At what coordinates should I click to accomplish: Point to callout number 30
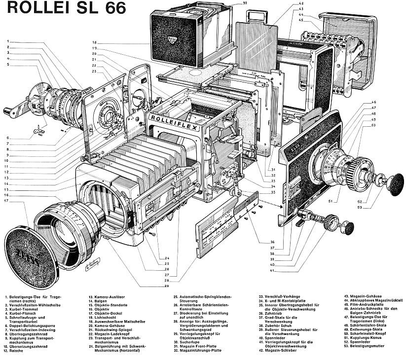(245, 3)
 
